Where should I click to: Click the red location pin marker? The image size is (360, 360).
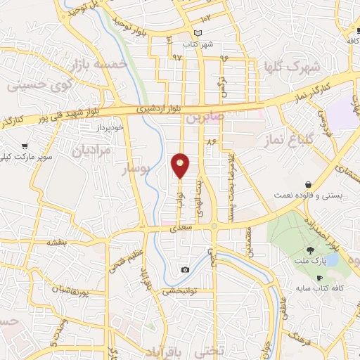click(x=180, y=166)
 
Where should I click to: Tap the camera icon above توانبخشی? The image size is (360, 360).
click(x=184, y=270)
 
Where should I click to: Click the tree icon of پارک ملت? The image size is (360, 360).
click(x=310, y=250)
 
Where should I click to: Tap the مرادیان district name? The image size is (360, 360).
click(x=88, y=150)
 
